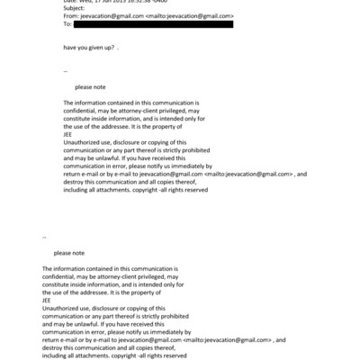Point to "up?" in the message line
pos(110,45)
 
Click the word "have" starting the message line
pos(70,45)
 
